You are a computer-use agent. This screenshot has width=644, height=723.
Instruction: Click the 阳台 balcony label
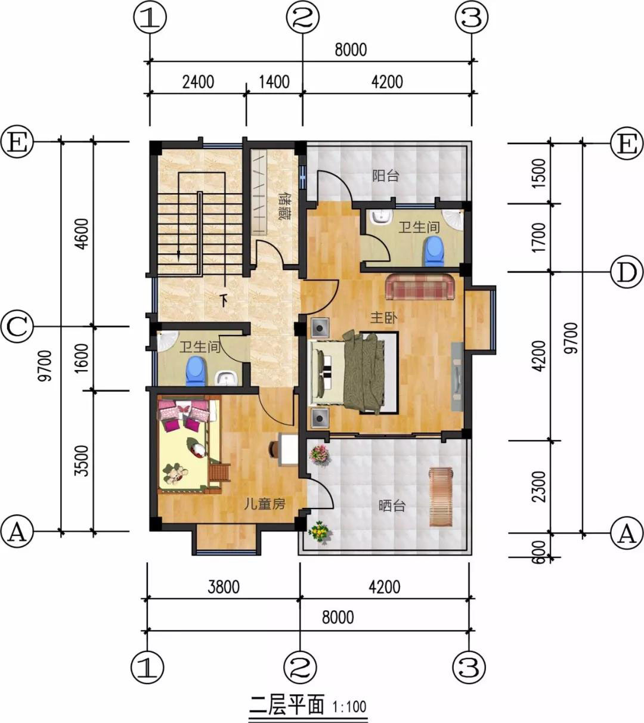coord(386,176)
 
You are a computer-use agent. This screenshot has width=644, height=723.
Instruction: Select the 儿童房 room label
coord(265,504)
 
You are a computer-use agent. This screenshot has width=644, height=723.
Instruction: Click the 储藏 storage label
coord(285,206)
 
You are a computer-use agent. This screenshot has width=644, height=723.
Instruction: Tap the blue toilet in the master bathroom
coord(434,251)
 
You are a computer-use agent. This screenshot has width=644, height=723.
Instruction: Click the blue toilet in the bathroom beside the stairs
coord(196,371)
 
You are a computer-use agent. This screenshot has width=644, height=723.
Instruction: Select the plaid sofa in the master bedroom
coord(420,287)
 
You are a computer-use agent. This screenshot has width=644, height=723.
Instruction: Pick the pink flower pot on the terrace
coord(319,455)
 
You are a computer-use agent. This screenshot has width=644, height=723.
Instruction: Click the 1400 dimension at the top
coord(274,82)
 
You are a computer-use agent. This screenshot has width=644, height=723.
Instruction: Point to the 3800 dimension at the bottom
coord(224,587)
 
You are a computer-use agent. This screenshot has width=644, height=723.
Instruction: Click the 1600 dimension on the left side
coord(82,358)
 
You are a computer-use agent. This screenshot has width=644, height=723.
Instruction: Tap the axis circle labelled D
coord(627,272)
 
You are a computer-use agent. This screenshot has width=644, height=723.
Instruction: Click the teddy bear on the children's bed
coord(176,474)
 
